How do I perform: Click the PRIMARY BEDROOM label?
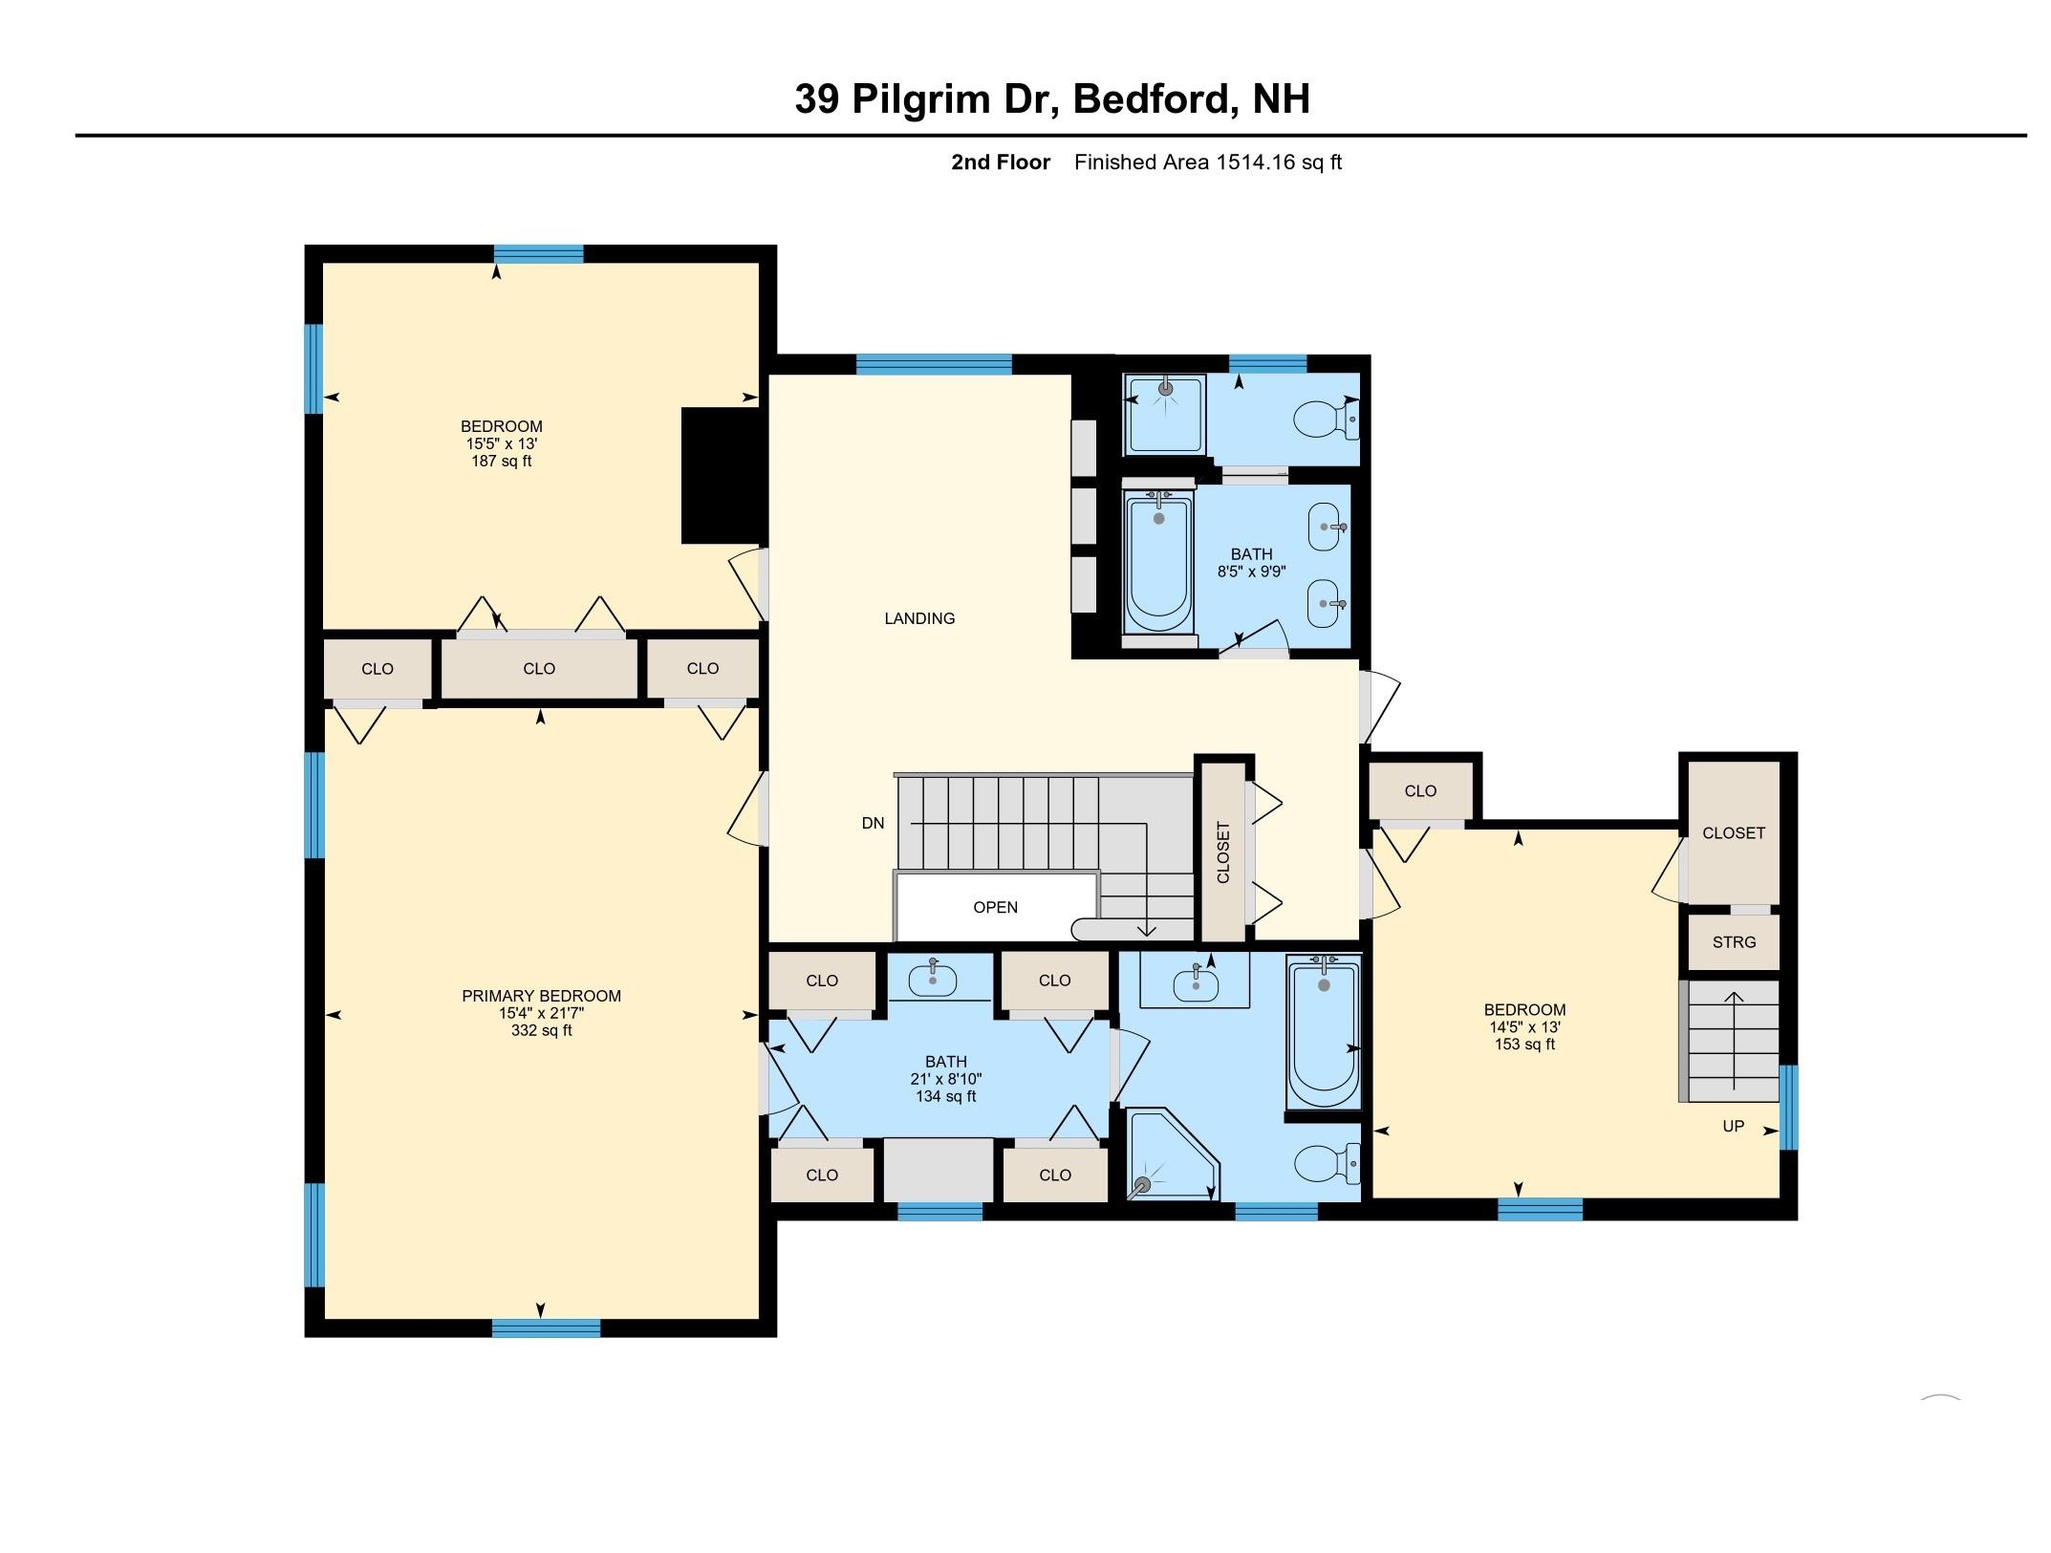(x=541, y=996)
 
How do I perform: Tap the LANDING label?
(x=918, y=618)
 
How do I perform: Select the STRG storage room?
(x=1734, y=942)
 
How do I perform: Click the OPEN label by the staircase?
(x=995, y=907)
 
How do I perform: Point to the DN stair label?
(x=873, y=823)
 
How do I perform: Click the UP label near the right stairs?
(x=1733, y=1126)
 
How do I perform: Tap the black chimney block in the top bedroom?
(x=722, y=475)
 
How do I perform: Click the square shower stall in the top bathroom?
(x=1165, y=415)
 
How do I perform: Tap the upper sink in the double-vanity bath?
(x=1326, y=528)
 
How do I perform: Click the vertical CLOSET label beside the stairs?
(x=1223, y=852)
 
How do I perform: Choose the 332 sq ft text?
(x=541, y=1031)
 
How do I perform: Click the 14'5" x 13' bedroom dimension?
(x=1524, y=1027)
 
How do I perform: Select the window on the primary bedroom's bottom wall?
(x=546, y=1327)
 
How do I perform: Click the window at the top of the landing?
(x=934, y=363)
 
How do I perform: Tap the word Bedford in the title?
(x=1151, y=98)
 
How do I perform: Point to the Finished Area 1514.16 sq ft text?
(x=1207, y=162)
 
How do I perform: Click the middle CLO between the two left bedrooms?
(x=539, y=669)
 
